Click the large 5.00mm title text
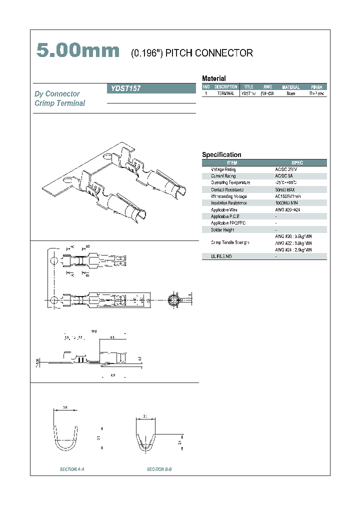pos(78,51)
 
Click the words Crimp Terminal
pos(60,103)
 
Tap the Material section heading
pos(213,78)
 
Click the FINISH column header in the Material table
pos(316,87)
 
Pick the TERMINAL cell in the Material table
pos(225,93)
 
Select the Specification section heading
pos(221,155)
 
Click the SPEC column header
pos(297,163)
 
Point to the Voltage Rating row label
pos(223,169)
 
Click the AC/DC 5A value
pos(285,176)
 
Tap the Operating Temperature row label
pos(230,183)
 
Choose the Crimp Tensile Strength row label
pos(230,242)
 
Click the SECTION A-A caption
pos(72,469)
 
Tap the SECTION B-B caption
pos(159,469)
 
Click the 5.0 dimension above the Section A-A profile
pos(65,408)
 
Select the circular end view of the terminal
pos(172,300)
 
